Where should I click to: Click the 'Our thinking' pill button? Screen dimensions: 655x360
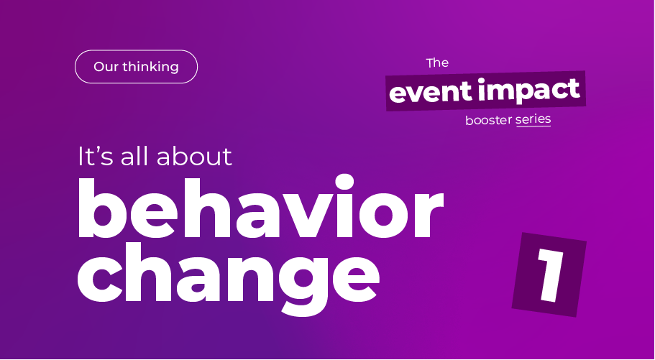click(x=136, y=67)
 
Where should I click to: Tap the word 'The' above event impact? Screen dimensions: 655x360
click(x=437, y=63)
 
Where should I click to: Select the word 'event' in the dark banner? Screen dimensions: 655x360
click(x=431, y=93)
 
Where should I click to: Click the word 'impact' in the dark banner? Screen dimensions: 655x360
click(x=530, y=91)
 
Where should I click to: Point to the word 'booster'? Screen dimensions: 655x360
click(x=489, y=120)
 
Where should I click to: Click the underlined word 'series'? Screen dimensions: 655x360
click(x=533, y=119)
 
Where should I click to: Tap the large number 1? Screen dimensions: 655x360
click(x=550, y=274)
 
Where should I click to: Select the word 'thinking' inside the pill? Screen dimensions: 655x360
click(x=151, y=67)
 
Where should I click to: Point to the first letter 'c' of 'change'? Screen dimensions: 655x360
click(x=99, y=279)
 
